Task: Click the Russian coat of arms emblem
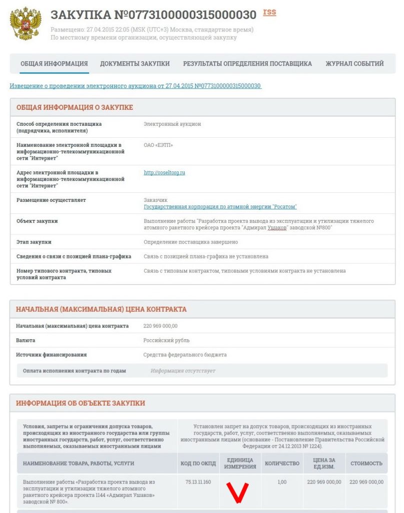(25, 24)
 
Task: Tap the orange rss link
(269, 12)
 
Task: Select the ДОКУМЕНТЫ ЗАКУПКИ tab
(135, 64)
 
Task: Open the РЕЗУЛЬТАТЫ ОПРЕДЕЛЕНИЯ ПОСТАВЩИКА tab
(247, 64)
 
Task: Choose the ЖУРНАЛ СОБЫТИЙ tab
(354, 64)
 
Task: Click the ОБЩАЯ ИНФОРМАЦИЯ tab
(54, 64)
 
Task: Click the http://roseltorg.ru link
(164, 172)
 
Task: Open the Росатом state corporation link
(220, 207)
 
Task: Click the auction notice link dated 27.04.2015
(135, 86)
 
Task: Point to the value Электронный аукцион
(172, 124)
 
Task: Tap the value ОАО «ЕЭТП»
(158, 145)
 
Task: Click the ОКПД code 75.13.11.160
(198, 482)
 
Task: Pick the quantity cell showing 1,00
(282, 482)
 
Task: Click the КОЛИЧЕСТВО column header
(282, 463)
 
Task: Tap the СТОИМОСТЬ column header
(366, 463)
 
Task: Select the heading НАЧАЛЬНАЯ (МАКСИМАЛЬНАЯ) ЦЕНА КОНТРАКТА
(101, 309)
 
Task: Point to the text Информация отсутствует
(183, 371)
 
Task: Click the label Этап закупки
(34, 242)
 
